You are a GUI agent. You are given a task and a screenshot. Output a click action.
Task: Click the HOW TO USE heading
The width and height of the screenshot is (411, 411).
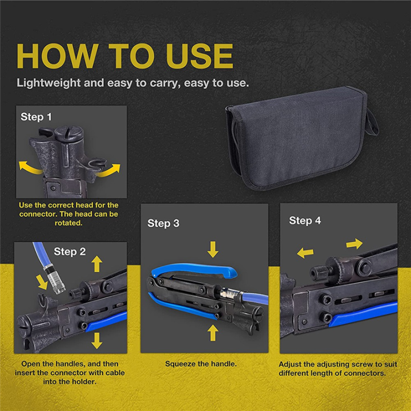coord(124,55)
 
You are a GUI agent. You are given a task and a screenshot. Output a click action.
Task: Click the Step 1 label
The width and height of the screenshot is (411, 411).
coord(37,117)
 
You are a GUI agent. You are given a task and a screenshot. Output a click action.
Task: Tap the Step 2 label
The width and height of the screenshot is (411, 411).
coord(70,251)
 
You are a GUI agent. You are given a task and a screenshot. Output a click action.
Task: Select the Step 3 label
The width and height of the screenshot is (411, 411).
coord(163,223)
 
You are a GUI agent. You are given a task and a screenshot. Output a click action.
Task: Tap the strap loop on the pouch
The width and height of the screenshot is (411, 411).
coord(372,117)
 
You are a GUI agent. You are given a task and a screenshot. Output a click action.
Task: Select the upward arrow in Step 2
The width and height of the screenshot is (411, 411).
coord(96,263)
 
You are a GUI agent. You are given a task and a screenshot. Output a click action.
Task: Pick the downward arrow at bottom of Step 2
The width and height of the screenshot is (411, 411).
coord(96,340)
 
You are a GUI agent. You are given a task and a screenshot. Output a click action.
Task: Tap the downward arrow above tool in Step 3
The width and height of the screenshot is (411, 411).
coord(213,249)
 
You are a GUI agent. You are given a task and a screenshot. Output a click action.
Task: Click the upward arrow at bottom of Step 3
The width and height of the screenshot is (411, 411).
coord(213,331)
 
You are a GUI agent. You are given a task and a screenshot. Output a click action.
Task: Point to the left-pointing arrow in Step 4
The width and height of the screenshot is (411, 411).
coord(305,251)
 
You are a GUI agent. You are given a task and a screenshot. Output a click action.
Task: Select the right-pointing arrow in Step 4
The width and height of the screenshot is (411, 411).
coord(354,244)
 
